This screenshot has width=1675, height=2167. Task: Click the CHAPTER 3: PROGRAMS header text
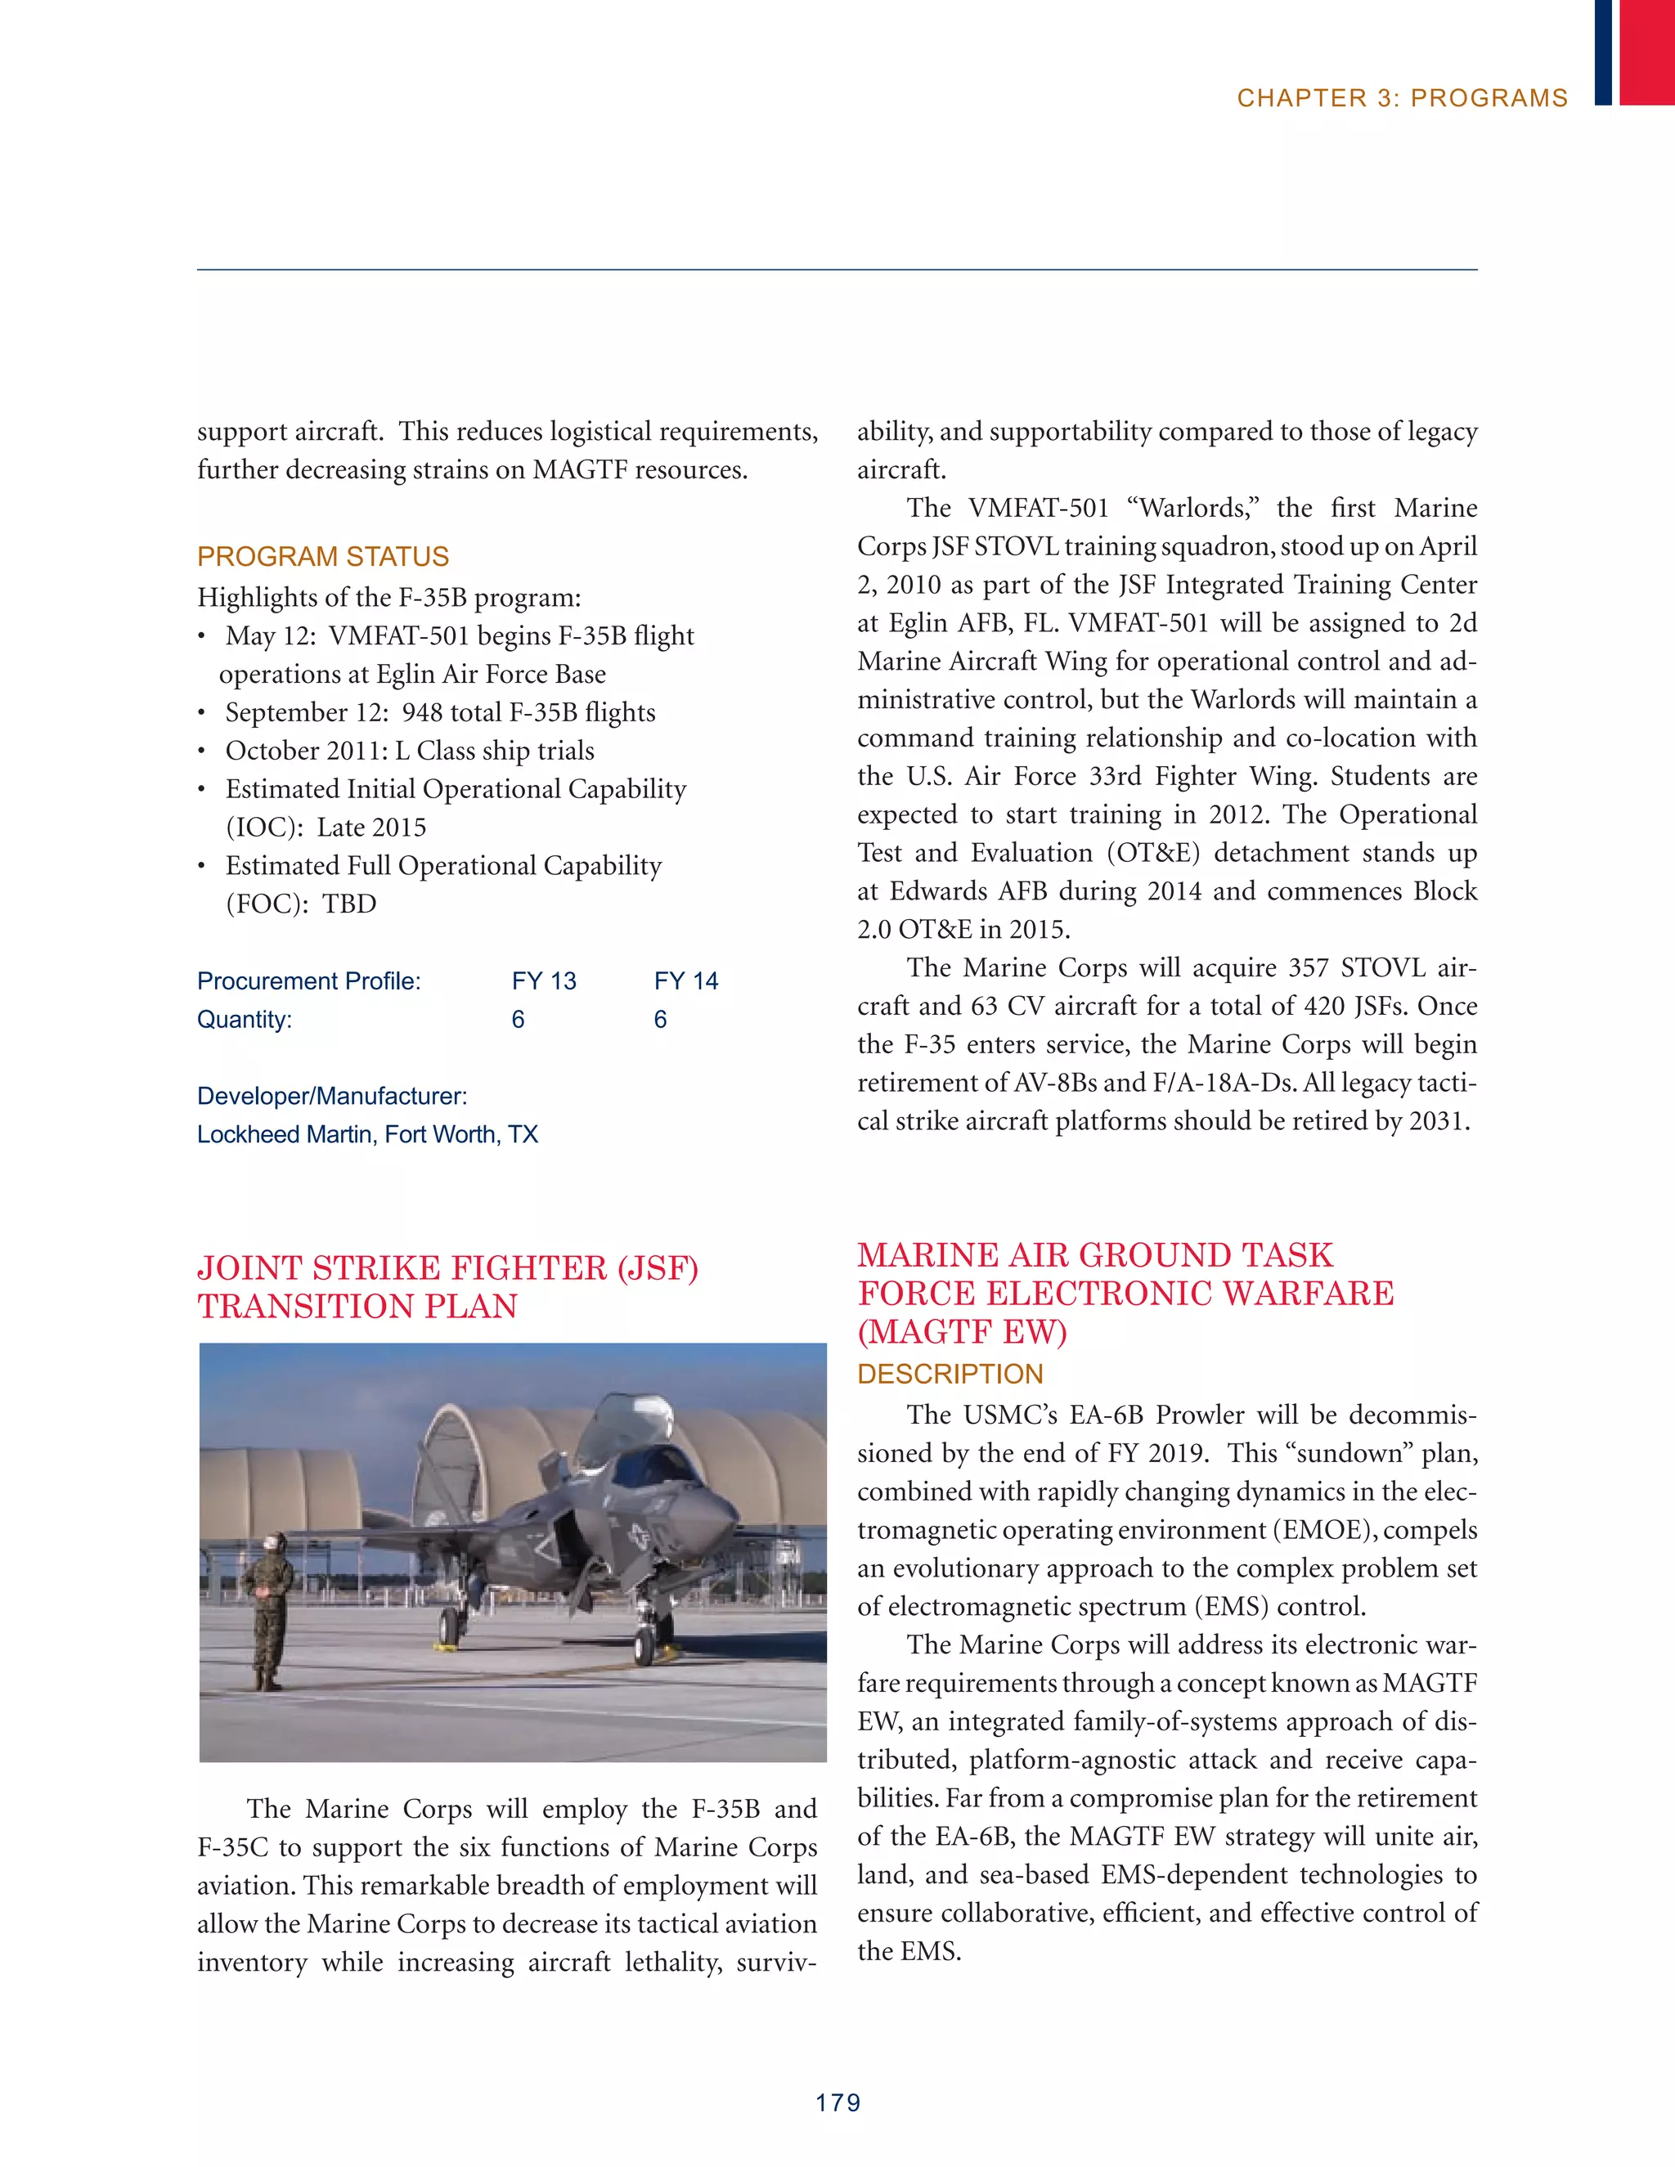pos(1401,98)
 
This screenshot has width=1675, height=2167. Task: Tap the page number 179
pos(837,2102)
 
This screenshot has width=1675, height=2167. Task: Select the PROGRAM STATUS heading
pos(322,557)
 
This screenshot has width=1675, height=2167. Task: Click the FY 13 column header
pos(544,981)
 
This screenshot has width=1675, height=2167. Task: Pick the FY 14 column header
pos(685,981)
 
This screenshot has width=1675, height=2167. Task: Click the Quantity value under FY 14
pos(660,1020)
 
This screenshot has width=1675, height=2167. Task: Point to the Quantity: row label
pos(244,1020)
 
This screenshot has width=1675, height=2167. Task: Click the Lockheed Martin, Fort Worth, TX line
pos(367,1134)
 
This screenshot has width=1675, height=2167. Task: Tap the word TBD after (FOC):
pos(349,904)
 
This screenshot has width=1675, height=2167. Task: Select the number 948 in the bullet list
pos(422,712)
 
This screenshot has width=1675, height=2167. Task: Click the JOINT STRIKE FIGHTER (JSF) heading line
pos(447,1268)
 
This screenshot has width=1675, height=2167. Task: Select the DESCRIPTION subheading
pos(950,1375)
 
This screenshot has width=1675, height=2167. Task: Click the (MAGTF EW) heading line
pos(962,1331)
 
